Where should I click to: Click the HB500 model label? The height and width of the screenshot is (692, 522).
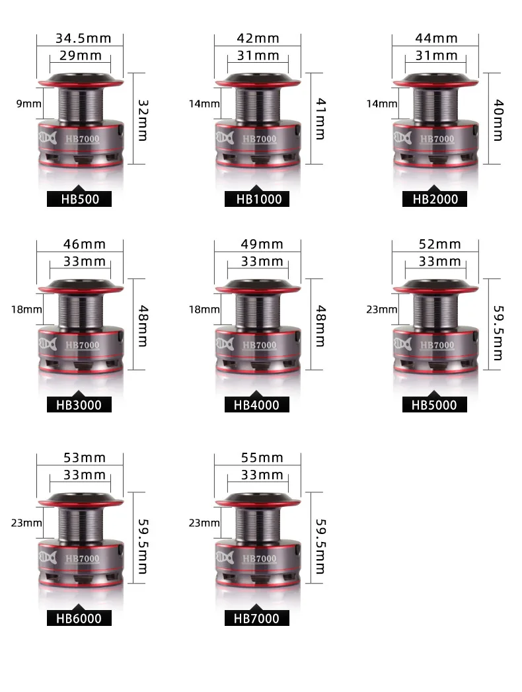click(x=79, y=199)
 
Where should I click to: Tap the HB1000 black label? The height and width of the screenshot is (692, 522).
click(x=257, y=199)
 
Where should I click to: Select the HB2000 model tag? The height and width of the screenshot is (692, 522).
click(x=435, y=199)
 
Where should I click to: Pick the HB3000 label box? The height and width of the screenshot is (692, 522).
click(x=79, y=404)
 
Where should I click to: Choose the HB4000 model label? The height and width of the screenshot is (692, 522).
click(x=257, y=404)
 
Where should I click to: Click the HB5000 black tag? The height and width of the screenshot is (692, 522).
click(x=435, y=404)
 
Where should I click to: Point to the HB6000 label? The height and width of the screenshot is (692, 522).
click(x=79, y=618)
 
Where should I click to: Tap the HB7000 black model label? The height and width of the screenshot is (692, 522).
click(x=257, y=618)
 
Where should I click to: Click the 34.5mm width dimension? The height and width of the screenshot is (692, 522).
click(x=83, y=38)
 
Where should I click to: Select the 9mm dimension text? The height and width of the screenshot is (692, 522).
click(x=28, y=104)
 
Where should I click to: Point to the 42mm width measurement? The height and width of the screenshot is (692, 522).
click(x=258, y=38)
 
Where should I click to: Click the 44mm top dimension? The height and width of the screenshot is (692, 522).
click(x=436, y=38)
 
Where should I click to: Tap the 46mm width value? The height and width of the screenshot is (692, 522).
click(x=84, y=244)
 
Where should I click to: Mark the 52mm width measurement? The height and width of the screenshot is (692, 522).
click(x=439, y=244)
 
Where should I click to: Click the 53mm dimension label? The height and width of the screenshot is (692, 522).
click(x=84, y=457)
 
